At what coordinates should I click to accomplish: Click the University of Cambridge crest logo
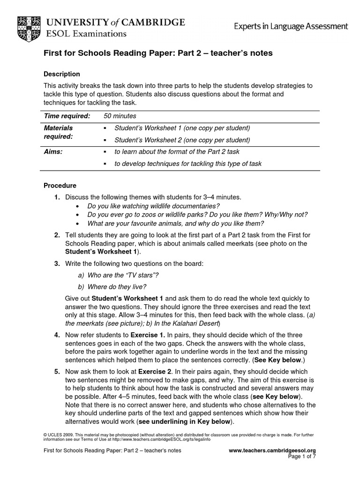click(x=29, y=27)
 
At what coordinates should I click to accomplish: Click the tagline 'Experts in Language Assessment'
click(x=291, y=27)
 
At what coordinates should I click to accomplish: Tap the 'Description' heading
click(x=61, y=74)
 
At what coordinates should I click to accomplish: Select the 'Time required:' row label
click(x=67, y=116)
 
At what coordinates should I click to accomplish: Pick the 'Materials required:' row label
click(x=59, y=132)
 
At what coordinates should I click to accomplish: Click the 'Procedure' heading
click(x=60, y=186)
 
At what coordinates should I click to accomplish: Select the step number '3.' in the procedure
click(x=57, y=264)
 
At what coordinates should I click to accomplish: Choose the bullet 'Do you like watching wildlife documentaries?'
click(x=153, y=206)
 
